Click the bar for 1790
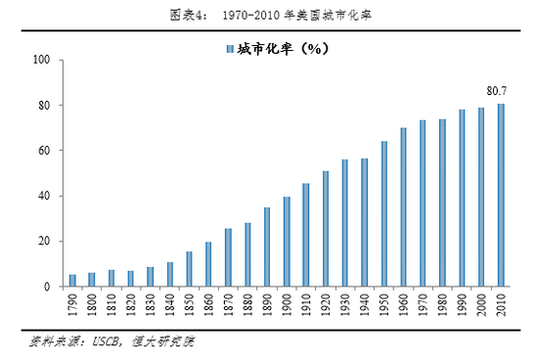tap(72, 281)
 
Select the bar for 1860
tap(208, 264)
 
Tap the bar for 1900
tap(287, 242)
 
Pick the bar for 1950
tap(384, 214)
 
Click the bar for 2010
tap(501, 196)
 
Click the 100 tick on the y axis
tap(41, 60)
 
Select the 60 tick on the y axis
tap(44, 151)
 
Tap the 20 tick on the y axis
tap(44, 242)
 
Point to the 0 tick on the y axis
tap(47, 287)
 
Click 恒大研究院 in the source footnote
tap(166, 343)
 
